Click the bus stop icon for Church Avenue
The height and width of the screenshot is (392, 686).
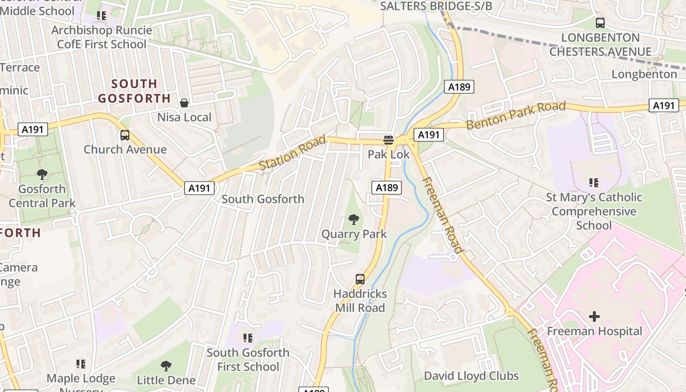coord(125,135)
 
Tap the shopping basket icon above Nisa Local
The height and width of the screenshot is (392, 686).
coord(184,103)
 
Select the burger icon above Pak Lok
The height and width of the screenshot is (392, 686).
coord(388,140)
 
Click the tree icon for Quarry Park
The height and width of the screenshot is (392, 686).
coord(353,220)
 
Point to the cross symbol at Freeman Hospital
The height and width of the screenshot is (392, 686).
coord(594,317)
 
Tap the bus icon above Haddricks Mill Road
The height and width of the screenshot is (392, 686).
coord(360,279)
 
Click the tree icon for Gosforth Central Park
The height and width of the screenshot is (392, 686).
coord(42,174)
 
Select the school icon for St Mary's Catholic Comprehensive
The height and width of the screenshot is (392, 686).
coord(594,183)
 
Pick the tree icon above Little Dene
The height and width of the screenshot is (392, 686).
coord(166,366)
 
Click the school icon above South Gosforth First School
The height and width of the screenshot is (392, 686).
coord(248,338)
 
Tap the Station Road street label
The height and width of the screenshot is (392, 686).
coord(292,153)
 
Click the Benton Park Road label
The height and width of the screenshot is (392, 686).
coord(515,116)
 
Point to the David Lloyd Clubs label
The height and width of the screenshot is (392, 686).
coord(471,376)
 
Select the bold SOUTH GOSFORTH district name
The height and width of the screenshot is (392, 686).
coord(134,91)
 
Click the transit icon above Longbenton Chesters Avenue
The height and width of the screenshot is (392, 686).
coord(600,23)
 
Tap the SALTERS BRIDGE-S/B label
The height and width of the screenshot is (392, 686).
coord(436,6)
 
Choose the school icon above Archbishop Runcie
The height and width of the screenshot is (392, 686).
coord(101,16)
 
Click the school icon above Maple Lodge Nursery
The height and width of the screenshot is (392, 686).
coord(81,364)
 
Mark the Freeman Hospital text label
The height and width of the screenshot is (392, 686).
coord(594,331)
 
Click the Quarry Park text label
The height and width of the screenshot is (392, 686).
coord(354,234)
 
